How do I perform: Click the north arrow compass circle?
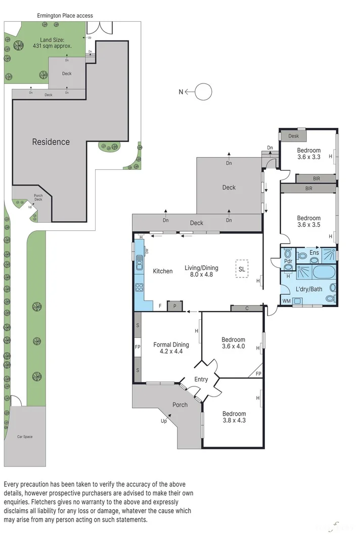[204, 92]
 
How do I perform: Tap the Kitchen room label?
[162, 271]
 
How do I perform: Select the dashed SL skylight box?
[242, 269]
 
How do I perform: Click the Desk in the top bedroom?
[293, 136]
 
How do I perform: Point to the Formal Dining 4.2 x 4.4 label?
[171, 348]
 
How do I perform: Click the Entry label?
[201, 379]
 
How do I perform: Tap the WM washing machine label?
[286, 302]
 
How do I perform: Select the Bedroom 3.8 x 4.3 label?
[234, 417]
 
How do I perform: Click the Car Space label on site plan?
[24, 436]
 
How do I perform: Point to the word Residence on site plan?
[51, 142]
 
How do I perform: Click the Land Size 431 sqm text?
[56, 42]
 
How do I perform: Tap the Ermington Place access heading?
[65, 16]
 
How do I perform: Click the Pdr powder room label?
[288, 261]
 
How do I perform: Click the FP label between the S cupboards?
[137, 348]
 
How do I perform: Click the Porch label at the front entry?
[179, 405]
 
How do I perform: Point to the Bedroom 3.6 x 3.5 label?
[308, 222]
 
